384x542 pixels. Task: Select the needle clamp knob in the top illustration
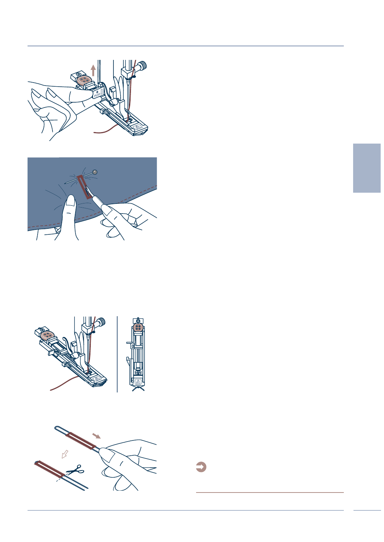[x=142, y=67]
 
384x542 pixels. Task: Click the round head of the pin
[x=95, y=172]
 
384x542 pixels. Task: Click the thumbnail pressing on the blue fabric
[x=70, y=201]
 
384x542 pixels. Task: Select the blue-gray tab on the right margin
[x=367, y=168]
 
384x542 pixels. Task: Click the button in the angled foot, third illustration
[x=48, y=335]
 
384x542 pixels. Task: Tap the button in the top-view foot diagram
[x=138, y=327]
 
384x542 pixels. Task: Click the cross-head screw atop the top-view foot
[x=138, y=321]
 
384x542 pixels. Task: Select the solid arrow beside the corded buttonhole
[x=96, y=436]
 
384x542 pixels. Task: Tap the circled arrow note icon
[x=201, y=467]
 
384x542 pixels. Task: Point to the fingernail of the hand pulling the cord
[x=107, y=455]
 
